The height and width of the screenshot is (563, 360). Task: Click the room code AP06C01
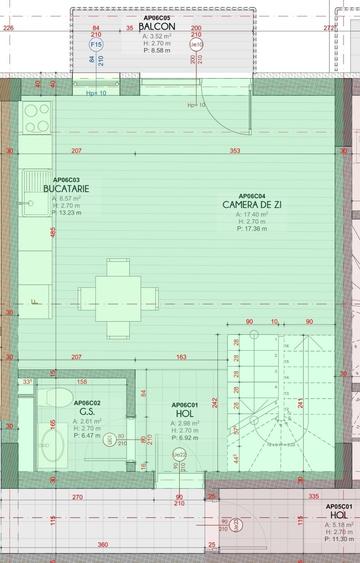point(184,404)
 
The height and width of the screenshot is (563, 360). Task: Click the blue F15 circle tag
point(96,45)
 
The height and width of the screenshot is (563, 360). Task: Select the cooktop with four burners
point(37,118)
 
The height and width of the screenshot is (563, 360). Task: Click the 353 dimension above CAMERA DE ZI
point(234,151)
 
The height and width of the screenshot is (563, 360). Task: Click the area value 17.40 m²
point(251,215)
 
